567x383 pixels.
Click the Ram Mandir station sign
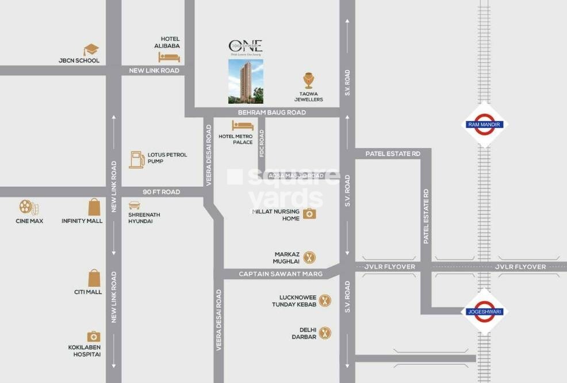484,124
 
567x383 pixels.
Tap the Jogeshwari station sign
484,311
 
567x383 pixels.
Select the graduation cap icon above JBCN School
91,50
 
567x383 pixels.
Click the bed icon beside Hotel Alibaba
169,57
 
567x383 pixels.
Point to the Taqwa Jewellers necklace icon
309,81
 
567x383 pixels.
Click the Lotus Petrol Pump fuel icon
136,159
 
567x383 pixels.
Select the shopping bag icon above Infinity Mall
94,207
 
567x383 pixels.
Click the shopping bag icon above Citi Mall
94,278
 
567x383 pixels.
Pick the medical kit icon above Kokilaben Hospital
94,336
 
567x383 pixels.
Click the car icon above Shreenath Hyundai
135,206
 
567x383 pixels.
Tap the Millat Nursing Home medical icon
309,214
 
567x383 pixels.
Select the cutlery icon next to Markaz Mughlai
309,257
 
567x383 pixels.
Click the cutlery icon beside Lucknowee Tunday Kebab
325,300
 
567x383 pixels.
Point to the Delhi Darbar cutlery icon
325,332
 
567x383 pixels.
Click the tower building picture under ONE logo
246,81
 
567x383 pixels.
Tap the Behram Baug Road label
272,113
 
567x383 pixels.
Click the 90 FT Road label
161,192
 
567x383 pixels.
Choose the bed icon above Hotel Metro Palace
242,126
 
